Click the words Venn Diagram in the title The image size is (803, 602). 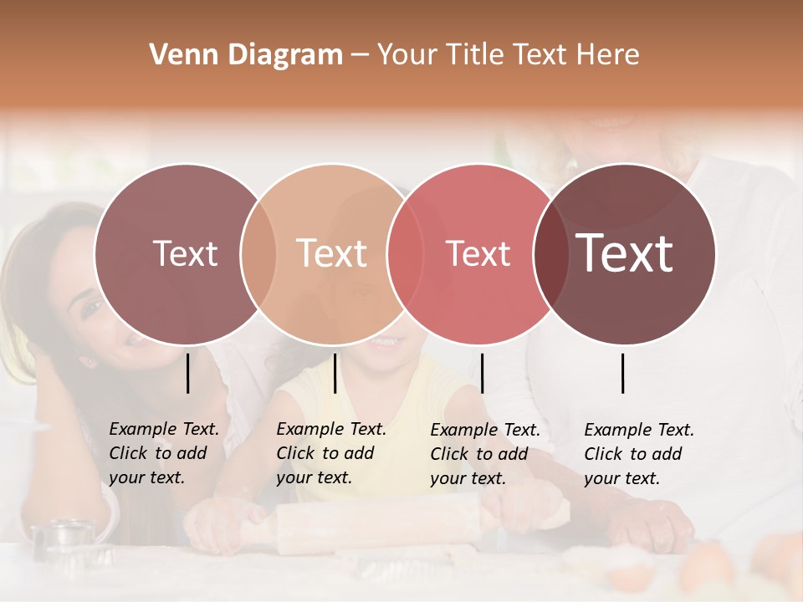coord(246,55)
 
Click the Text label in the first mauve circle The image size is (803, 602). coord(185,254)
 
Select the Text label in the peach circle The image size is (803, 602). coord(332,254)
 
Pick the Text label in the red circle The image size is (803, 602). coord(478,254)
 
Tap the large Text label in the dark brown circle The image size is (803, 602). coord(624,253)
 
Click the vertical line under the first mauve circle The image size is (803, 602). coord(188,373)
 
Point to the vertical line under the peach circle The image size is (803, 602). coord(335,373)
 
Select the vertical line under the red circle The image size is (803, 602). coord(482,373)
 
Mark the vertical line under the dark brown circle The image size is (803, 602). coord(623,373)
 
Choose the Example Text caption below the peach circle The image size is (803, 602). coord(330,453)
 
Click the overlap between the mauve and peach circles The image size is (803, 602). coord(258,254)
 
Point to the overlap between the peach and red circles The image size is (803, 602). coord(404,254)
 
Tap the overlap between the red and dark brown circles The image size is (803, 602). coord(550,254)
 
